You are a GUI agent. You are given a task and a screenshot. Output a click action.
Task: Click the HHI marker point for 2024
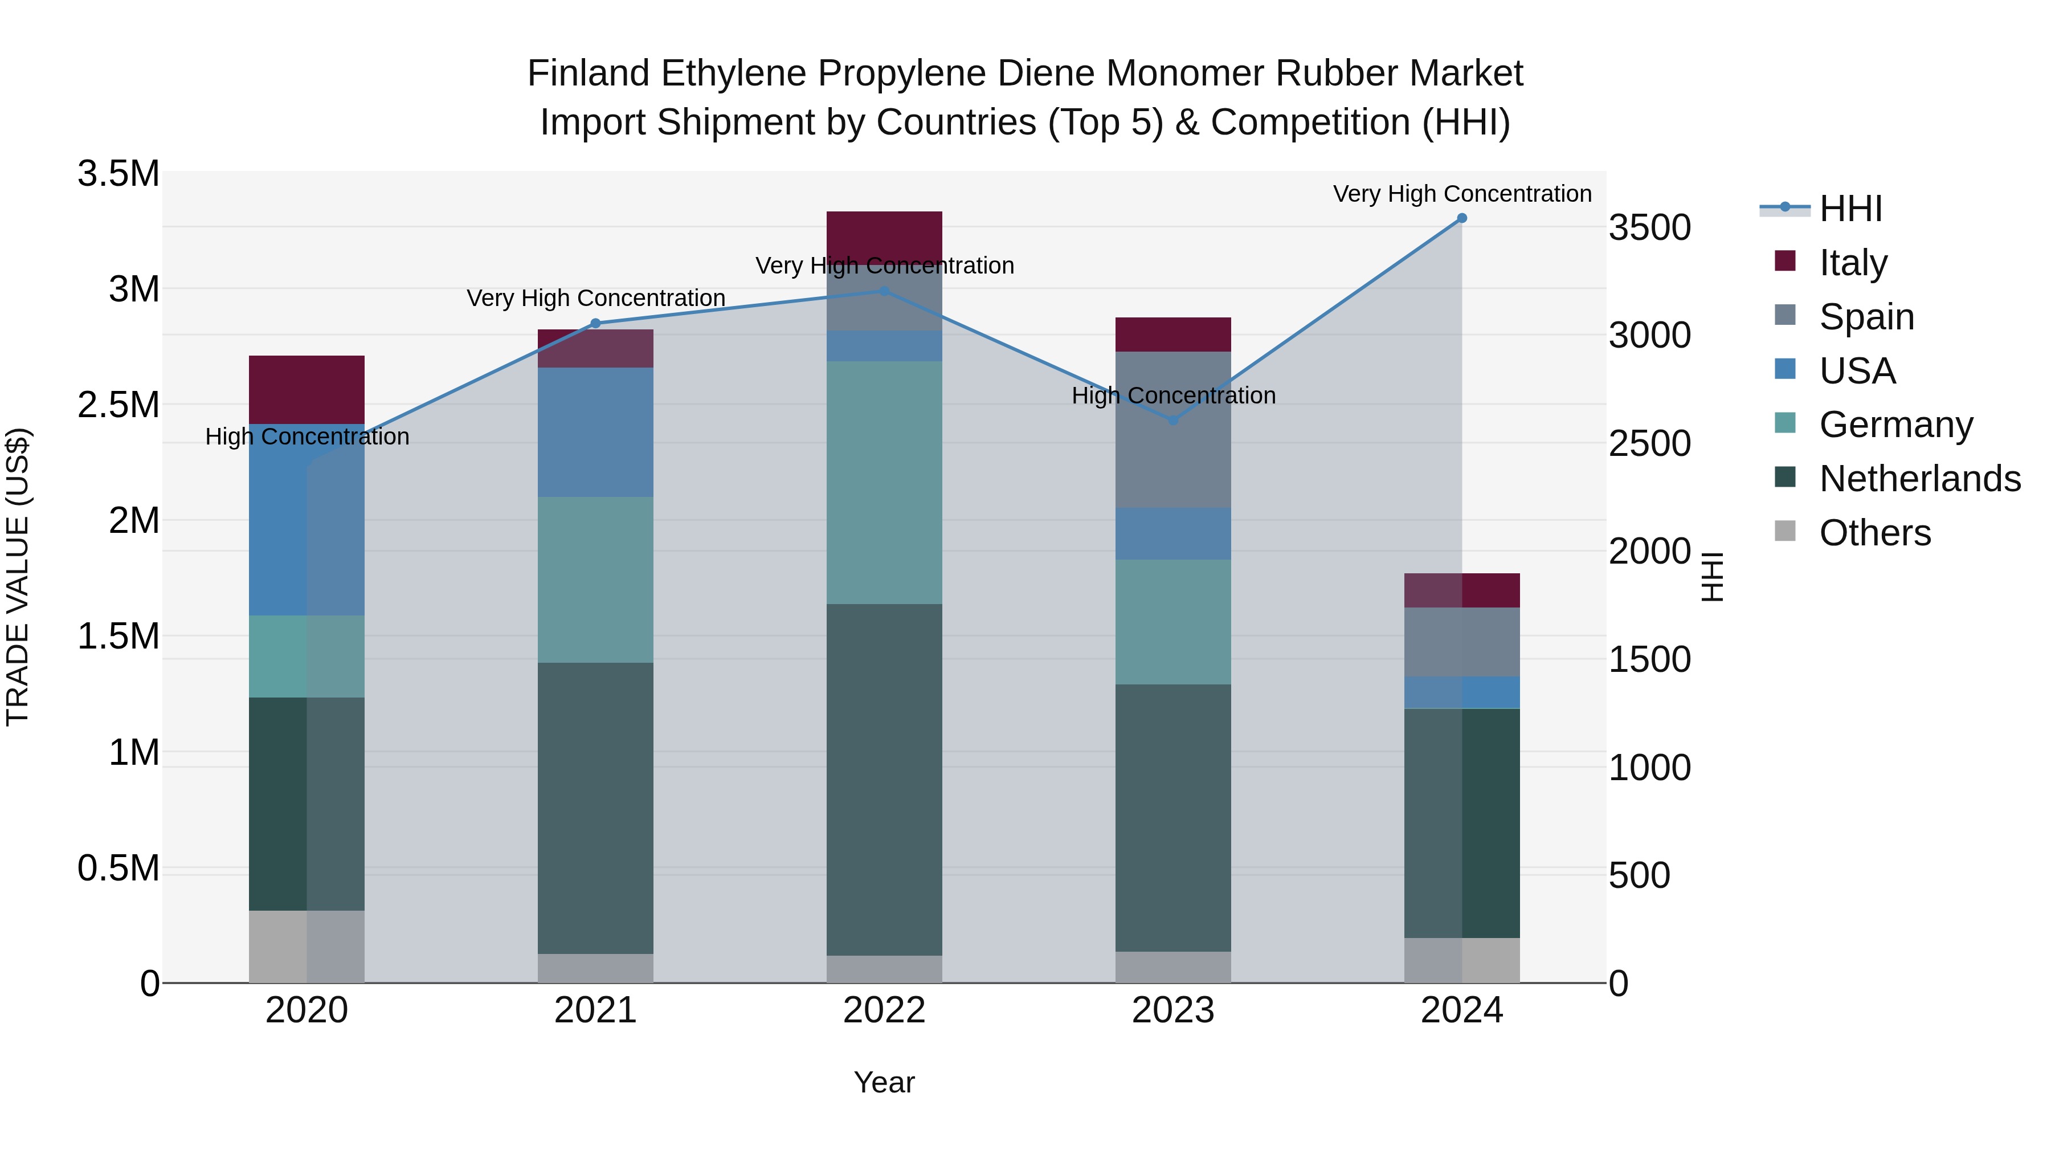pyautogui.click(x=1462, y=218)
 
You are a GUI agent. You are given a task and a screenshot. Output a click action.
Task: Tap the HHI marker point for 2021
pyautogui.click(x=595, y=323)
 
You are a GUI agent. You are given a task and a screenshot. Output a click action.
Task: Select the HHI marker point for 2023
pyautogui.click(x=1173, y=419)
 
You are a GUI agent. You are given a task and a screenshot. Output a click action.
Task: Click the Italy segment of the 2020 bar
pyautogui.click(x=307, y=389)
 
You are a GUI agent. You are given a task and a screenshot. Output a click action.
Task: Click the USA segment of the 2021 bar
pyautogui.click(x=595, y=433)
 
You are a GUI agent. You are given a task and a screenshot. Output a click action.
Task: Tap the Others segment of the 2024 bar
pyautogui.click(x=1462, y=960)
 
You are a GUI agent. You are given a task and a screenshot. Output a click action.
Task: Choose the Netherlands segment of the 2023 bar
pyautogui.click(x=1173, y=818)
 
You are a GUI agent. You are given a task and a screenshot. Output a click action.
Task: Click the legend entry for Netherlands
pyautogui.click(x=1919, y=479)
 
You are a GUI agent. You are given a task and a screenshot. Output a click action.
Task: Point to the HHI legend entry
pyautogui.click(x=1849, y=209)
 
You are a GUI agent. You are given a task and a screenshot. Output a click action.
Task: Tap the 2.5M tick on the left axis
pyautogui.click(x=119, y=405)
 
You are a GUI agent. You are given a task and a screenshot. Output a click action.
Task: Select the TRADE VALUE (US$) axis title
pyautogui.click(x=18, y=577)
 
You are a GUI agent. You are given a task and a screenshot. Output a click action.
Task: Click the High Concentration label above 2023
pyautogui.click(x=1173, y=396)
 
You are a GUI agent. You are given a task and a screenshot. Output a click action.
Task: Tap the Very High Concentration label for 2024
pyautogui.click(x=1462, y=194)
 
